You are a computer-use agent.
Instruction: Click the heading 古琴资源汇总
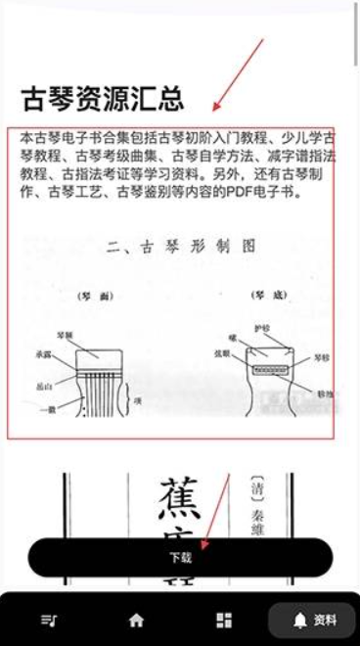tap(102, 98)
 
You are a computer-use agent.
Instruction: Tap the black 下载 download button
tap(180, 557)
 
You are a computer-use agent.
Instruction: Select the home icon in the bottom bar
tap(136, 620)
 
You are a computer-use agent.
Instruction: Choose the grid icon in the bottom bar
tap(224, 620)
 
